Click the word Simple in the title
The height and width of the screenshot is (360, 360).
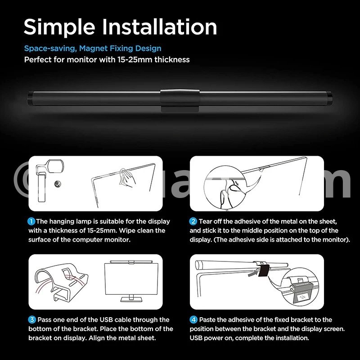tap(59, 27)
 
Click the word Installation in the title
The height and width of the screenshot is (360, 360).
tap(159, 27)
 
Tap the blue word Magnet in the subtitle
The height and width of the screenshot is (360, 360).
tap(93, 49)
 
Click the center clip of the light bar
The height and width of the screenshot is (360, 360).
tap(180, 100)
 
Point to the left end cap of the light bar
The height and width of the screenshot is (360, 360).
tap(30, 99)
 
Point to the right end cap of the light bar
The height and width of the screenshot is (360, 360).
tap(329, 99)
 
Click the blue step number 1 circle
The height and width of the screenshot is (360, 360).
tap(31, 221)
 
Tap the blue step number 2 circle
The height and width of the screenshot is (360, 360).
tap(193, 221)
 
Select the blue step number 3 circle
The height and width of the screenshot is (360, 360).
tap(32, 320)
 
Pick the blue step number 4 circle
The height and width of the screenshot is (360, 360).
tap(193, 320)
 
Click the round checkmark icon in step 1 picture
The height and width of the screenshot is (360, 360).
tap(58, 184)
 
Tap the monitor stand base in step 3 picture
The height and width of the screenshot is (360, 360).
tap(131, 299)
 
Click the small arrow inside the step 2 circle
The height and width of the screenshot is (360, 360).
tap(235, 183)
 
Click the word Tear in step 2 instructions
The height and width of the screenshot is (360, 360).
tap(206, 221)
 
